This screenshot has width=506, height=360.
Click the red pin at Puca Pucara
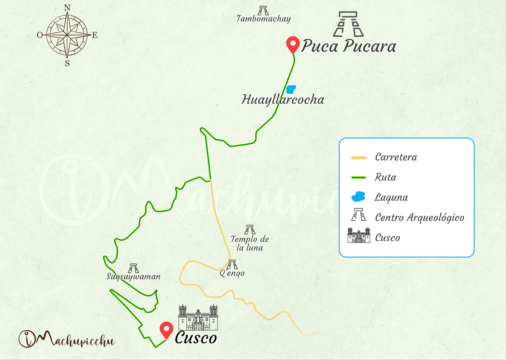click(293, 44)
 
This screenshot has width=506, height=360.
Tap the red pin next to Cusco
click(166, 329)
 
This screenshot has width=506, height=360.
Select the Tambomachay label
click(263, 19)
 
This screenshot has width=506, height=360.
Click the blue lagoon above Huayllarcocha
click(291, 89)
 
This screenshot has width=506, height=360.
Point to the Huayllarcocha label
click(283, 100)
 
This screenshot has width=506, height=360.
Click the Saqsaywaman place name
click(134, 277)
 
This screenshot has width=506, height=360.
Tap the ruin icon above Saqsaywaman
click(134, 268)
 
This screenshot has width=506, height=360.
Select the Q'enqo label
click(232, 273)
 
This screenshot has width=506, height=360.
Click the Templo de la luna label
click(250, 243)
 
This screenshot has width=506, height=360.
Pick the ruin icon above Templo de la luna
click(250, 230)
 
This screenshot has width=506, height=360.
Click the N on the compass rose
click(67, 8)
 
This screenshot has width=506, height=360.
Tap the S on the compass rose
click(67, 63)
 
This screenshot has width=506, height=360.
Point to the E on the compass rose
click(95, 35)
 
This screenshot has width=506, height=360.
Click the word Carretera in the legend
click(396, 157)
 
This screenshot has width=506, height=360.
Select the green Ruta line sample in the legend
click(358, 178)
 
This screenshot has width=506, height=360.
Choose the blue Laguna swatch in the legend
click(358, 197)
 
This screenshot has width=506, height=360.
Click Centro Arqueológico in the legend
click(420, 218)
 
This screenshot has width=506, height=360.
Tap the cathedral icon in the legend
click(359, 236)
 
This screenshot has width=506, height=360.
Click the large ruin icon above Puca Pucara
click(348, 24)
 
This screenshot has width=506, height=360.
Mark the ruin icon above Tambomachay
click(263, 10)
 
